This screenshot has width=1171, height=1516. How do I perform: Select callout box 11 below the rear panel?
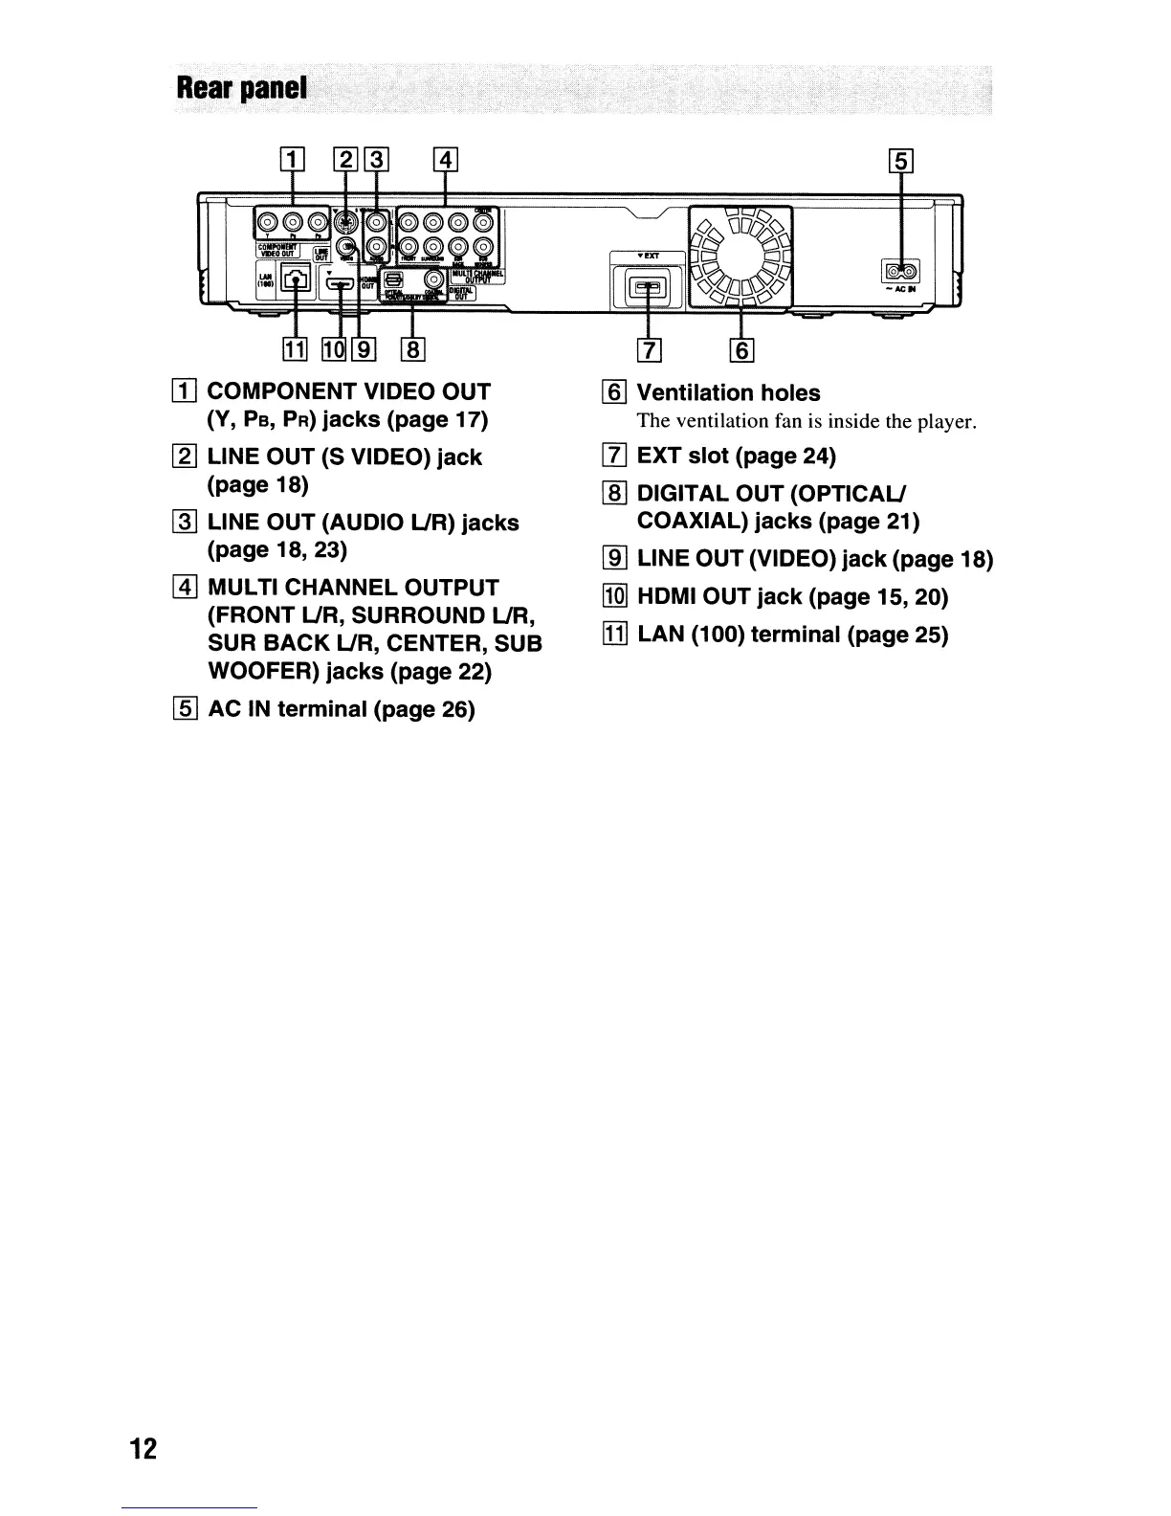pyautogui.click(x=296, y=350)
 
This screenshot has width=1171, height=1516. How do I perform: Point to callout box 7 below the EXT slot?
pyautogui.click(x=650, y=351)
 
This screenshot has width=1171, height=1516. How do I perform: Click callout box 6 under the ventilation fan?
pyautogui.click(x=742, y=351)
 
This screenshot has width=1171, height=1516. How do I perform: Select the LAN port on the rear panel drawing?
pyautogui.click(x=298, y=281)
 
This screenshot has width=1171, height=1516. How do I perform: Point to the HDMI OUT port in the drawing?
pyautogui.click(x=340, y=283)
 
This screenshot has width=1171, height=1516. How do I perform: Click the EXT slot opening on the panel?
pyautogui.click(x=649, y=286)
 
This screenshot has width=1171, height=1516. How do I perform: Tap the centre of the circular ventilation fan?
pyautogui.click(x=742, y=256)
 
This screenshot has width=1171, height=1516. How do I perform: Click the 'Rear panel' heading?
pyautogui.click(x=241, y=89)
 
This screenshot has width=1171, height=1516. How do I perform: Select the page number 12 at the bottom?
pyautogui.click(x=143, y=1449)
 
